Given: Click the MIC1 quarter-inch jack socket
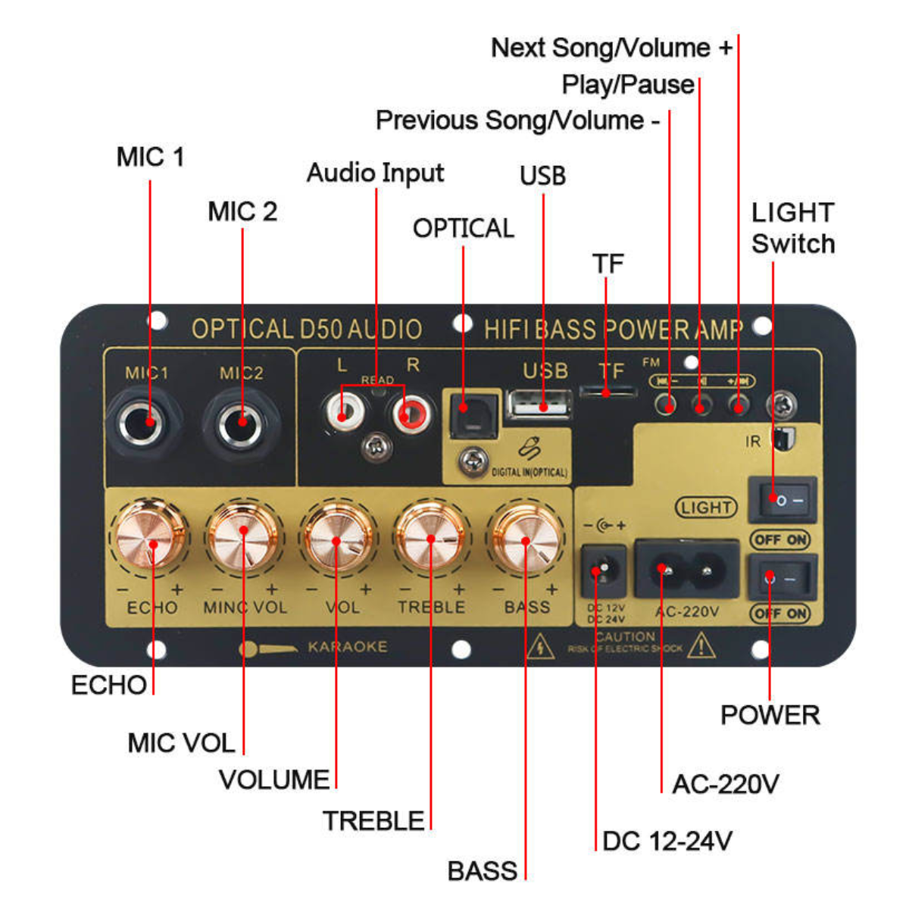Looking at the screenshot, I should click(x=144, y=421).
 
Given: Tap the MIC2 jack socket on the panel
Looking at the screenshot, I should click(x=241, y=423).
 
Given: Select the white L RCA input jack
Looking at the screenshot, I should click(x=343, y=414).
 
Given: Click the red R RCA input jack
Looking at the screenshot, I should click(x=410, y=414).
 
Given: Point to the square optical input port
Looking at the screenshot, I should click(x=471, y=415).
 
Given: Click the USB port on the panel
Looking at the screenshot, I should click(x=539, y=405).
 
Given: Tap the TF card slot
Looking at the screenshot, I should click(x=607, y=392).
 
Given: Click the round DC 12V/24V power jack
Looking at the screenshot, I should click(x=602, y=570).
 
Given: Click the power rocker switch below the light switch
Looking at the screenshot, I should click(x=782, y=578).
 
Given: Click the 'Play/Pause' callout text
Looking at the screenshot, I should click(x=628, y=84).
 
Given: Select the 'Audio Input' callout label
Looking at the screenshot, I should click(x=375, y=173).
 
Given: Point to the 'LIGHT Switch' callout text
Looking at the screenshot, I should click(x=793, y=228).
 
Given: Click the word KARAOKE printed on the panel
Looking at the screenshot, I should click(x=347, y=647).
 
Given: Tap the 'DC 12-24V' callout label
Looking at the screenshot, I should click(x=667, y=841).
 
